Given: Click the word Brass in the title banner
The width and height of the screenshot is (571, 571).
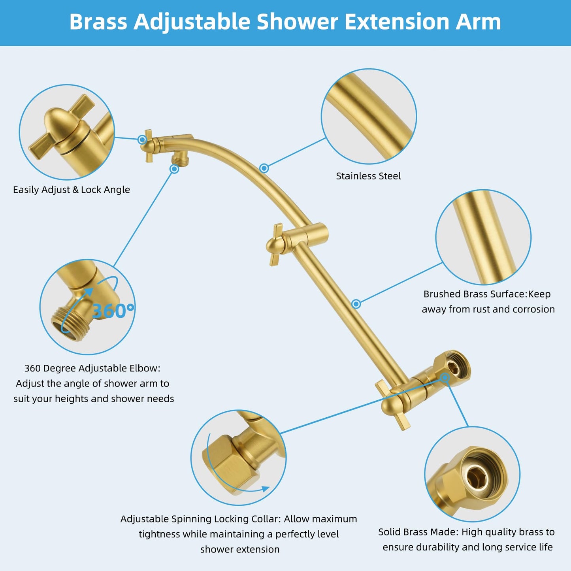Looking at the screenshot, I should [x=98, y=22].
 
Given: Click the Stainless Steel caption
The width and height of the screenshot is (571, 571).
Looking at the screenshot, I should [x=368, y=176].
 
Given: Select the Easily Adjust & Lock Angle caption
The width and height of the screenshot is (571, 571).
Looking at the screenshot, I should [x=72, y=190].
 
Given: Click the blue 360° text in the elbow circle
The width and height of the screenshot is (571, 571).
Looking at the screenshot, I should [x=113, y=311].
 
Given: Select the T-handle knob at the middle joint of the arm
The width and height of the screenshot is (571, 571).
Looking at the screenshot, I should [x=275, y=245].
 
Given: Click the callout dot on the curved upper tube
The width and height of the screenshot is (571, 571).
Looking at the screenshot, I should [x=264, y=168].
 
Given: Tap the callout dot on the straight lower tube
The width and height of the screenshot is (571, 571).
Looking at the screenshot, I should [x=356, y=304].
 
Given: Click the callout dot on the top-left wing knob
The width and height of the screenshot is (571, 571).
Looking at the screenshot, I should [x=142, y=139].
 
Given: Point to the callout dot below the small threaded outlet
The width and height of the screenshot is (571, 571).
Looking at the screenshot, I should [x=174, y=169].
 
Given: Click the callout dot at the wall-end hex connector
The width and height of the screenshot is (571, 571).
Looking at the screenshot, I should [x=445, y=378].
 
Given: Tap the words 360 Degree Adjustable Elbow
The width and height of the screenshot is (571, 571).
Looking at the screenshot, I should [x=92, y=368].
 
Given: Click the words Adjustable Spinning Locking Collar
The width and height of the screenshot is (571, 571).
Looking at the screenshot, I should [x=200, y=519].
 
